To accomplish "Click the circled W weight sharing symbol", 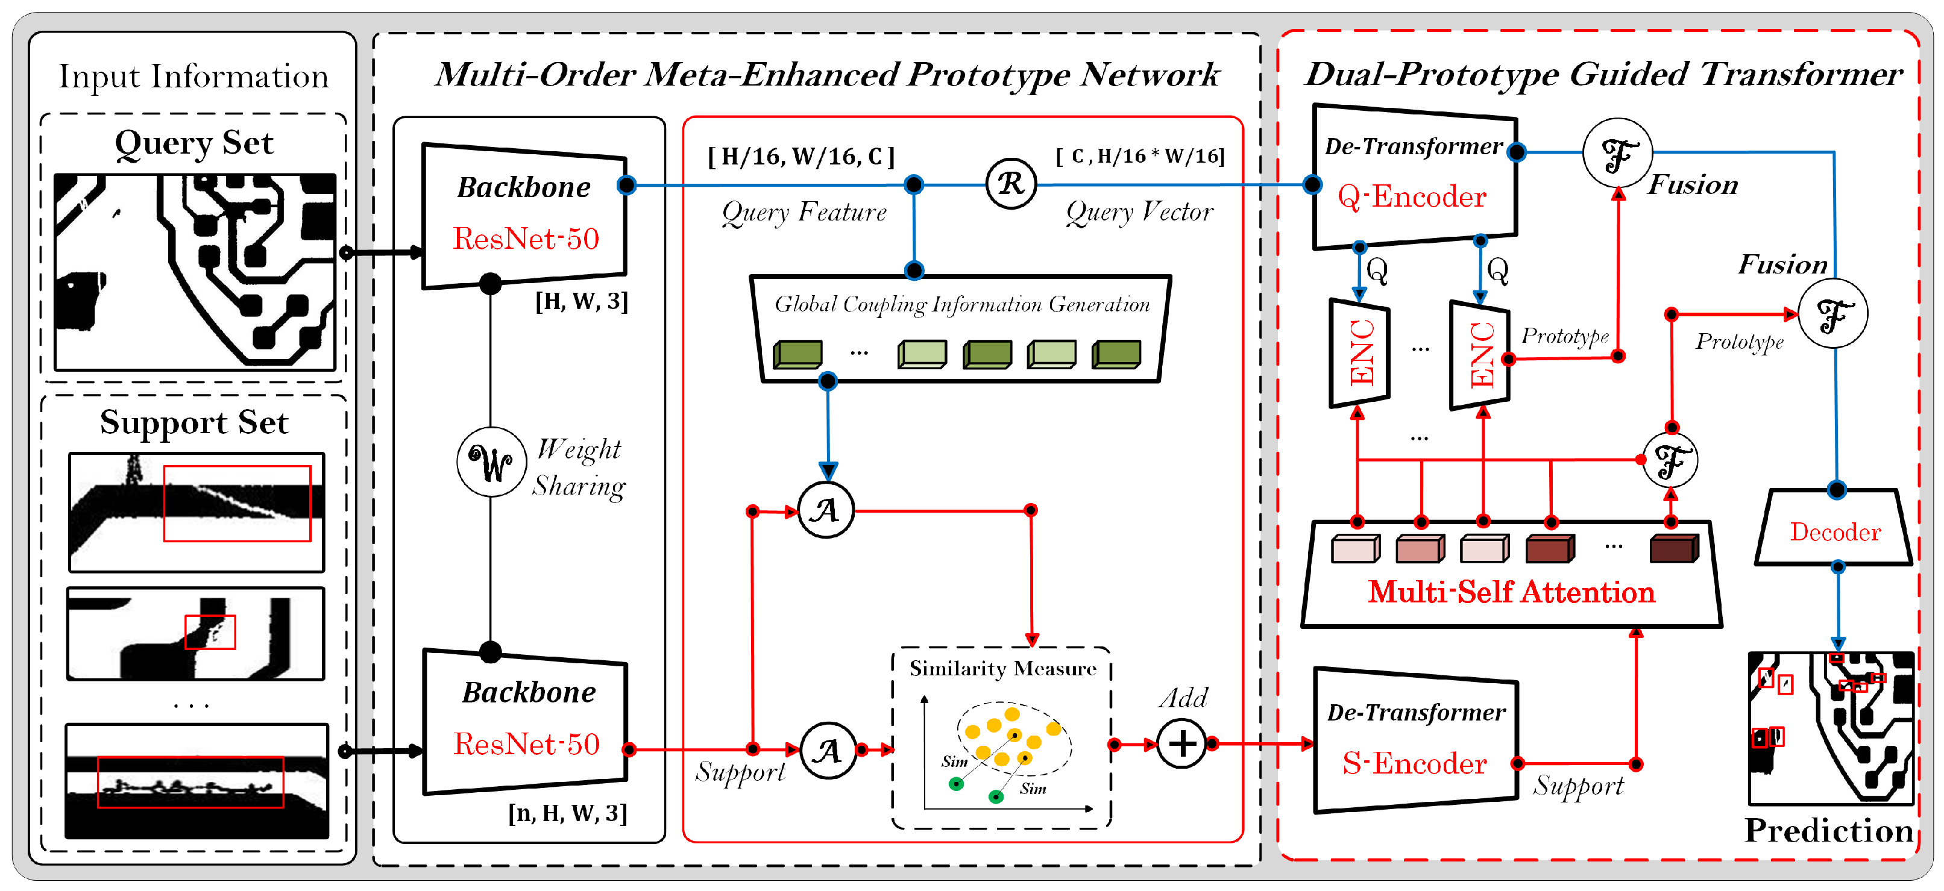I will coord(491,461).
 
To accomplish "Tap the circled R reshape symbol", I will coord(1010,183).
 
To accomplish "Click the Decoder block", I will coord(1834,532).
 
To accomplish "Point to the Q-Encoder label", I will coord(1411,197).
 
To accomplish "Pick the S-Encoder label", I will coord(1414,763).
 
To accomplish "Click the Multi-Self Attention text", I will coord(1511,592).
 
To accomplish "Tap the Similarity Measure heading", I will coord(1002,669).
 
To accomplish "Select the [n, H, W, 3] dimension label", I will coord(567,813).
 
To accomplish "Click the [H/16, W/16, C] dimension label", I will coord(801,156).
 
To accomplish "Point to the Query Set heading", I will coord(194,143).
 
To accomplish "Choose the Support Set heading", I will coord(194,422).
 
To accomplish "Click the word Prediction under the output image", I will coord(1828,831).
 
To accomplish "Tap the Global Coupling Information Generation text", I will coord(961,304).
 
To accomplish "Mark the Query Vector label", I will coord(1139,212).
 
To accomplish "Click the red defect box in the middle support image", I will coord(210,632).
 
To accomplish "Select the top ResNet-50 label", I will coord(526,239).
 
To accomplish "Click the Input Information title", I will coord(194,76).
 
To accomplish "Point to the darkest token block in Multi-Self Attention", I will coord(1674,548).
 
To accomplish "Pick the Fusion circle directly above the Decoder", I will coord(1832,314).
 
